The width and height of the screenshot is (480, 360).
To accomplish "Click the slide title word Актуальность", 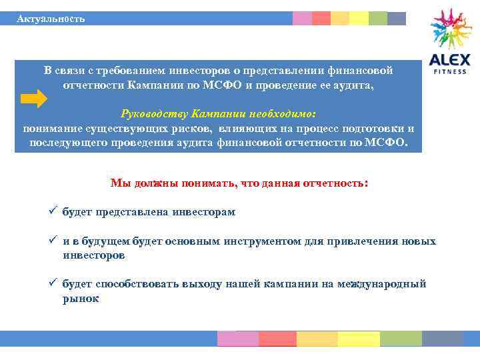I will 51,19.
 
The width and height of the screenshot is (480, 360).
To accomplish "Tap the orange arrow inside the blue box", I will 33,99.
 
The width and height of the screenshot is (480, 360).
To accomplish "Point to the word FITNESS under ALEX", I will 450,71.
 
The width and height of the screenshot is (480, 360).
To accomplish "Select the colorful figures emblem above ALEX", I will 451,29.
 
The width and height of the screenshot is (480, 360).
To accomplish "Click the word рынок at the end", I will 81,299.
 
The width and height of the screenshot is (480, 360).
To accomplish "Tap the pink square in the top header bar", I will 302,19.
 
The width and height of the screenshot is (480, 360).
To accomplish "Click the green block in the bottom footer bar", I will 401,339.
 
